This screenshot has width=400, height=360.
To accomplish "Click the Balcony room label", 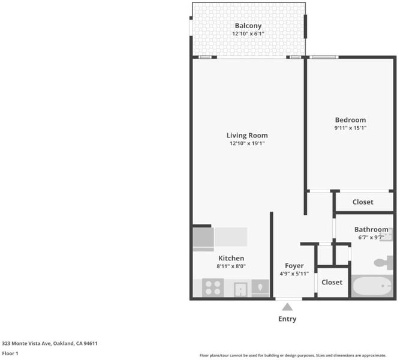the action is tap(248, 26).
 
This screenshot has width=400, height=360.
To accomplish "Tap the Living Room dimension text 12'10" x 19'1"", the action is tap(247, 143).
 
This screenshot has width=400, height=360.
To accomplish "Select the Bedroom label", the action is tap(350, 120).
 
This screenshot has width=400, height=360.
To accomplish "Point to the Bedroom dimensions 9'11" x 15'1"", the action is tap(350, 128).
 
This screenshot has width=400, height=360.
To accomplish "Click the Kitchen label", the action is tap(231, 258).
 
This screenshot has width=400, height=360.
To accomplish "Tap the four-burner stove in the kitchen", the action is tap(213, 287).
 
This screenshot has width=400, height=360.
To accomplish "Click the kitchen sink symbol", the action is tap(240, 290).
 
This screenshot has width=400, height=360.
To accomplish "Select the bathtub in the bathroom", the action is tap(372, 286).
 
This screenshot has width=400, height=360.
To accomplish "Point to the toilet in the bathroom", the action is tap(383, 262).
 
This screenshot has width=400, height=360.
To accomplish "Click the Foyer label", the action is tap(294, 266).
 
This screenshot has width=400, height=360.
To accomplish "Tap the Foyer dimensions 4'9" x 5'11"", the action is tap(294, 274).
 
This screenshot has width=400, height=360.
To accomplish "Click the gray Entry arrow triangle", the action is tap(287, 307).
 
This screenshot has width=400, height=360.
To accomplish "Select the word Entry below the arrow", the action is tap(287, 319).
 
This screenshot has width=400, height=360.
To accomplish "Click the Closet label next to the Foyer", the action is tap(332, 282).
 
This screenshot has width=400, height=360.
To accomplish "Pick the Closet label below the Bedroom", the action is tap(363, 202).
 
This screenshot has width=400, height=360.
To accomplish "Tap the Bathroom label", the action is tap(371, 229).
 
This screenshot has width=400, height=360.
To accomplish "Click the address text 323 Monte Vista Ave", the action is tap(27, 343).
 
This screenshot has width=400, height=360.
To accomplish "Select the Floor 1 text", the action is tap(10, 353).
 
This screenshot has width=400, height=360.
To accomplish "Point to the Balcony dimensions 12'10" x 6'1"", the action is tap(248, 34).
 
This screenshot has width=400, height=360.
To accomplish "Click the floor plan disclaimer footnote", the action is tap(293, 355).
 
